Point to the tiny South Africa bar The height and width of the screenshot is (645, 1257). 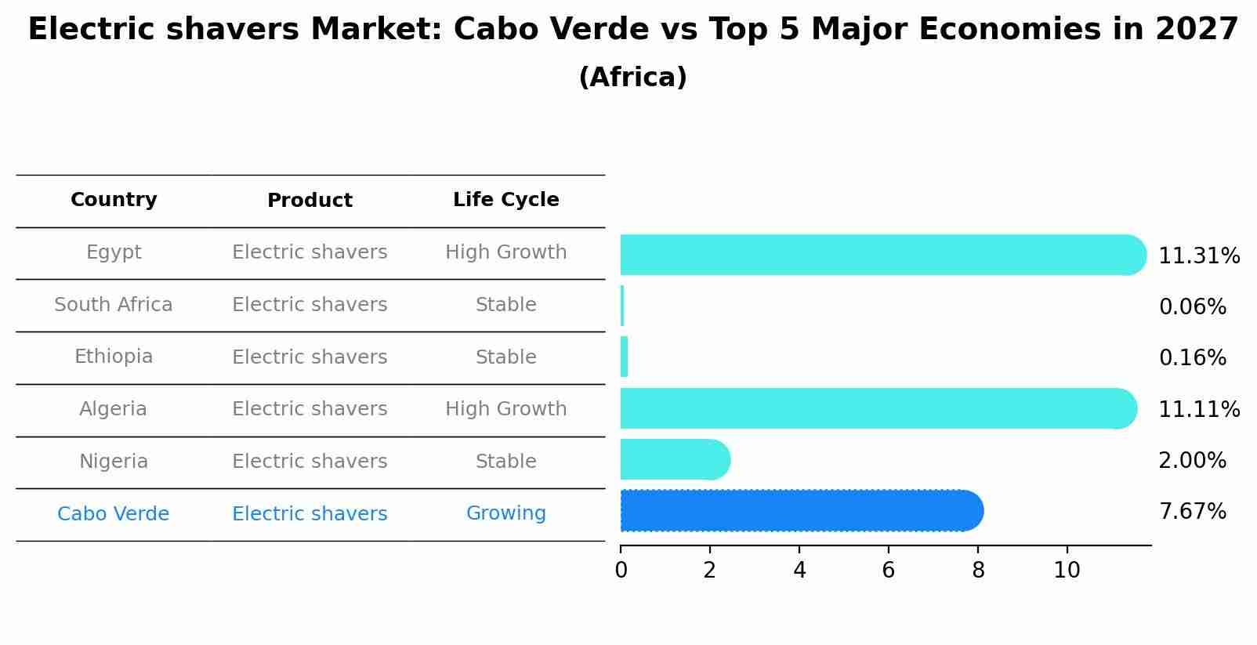tap(622, 306)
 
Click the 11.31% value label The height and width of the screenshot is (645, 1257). tap(1198, 256)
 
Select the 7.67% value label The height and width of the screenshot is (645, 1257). tap(1192, 512)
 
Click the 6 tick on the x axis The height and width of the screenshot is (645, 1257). tap(888, 571)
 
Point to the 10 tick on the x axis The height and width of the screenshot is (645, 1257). tap(1067, 571)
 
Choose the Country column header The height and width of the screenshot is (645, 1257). tap(114, 200)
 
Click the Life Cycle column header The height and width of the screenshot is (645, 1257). tap(505, 200)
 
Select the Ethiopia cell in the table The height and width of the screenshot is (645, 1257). tap(114, 357)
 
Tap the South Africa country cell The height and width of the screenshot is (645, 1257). tap(114, 305)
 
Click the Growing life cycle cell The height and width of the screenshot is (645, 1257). tap(505, 513)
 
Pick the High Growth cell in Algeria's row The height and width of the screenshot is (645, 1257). tap(505, 409)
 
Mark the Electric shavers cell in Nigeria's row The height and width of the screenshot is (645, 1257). tap(310, 462)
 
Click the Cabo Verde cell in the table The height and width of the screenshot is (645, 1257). tap(114, 514)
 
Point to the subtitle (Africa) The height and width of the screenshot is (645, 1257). tap(632, 78)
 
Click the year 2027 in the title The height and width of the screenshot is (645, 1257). tap(1196, 30)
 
